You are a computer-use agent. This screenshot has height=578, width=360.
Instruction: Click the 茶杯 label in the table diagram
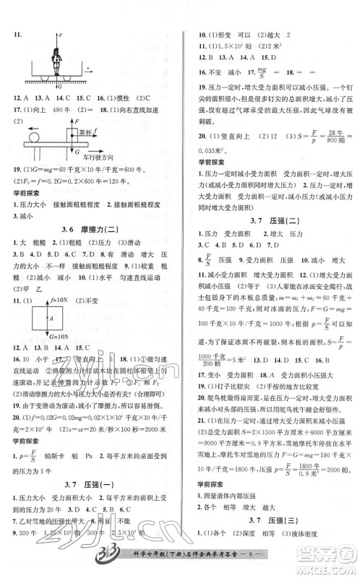pyautogui.click(x=85, y=132)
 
